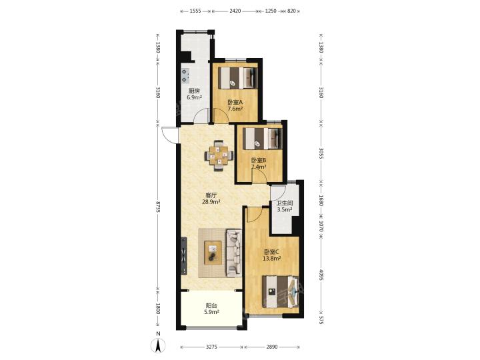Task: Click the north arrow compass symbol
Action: (159, 345)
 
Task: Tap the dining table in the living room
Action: (219, 155)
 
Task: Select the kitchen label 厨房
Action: (194, 91)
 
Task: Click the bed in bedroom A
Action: (238, 78)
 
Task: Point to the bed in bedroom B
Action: (263, 139)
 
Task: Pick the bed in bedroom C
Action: (281, 292)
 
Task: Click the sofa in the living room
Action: (234, 253)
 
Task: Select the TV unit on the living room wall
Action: (184, 255)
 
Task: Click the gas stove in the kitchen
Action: (185, 75)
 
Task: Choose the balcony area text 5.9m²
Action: (211, 312)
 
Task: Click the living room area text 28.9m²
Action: (211, 202)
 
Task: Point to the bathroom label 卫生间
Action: (285, 203)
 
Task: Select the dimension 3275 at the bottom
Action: (211, 347)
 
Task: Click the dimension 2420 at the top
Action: (235, 11)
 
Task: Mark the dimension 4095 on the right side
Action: (321, 275)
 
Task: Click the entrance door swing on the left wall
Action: (169, 135)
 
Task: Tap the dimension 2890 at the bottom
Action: (272, 347)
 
